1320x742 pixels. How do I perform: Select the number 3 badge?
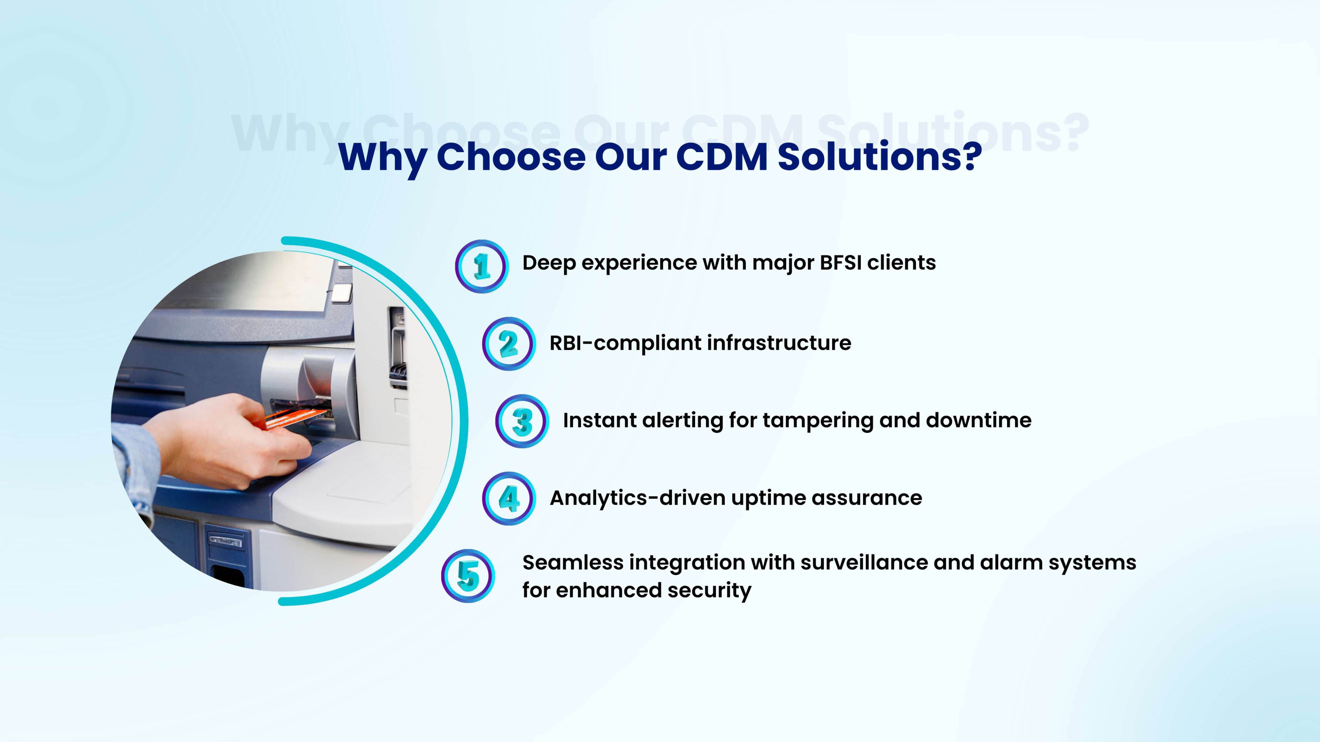click(522, 421)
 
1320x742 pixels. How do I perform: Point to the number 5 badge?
click(468, 576)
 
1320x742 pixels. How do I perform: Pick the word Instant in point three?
click(599, 420)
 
